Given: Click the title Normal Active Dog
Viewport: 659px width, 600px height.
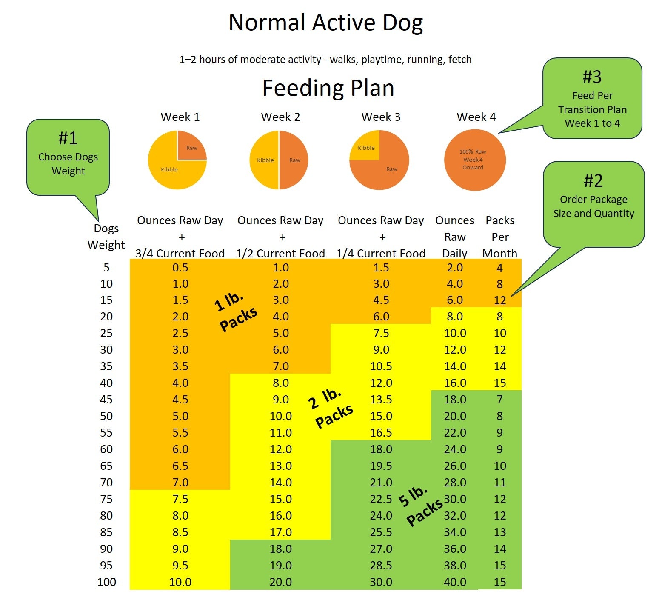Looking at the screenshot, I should point(326,23).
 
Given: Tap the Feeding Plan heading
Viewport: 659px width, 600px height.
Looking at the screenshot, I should point(328,88).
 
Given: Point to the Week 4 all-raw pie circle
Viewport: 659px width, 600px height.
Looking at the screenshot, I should point(475,160).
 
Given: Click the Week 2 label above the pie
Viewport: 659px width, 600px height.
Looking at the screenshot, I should point(280,117).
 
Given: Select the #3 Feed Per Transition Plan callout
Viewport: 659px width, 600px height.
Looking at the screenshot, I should point(592,100).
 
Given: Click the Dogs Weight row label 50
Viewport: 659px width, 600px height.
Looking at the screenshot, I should point(106,416).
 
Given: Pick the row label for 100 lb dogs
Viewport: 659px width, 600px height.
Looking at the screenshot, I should point(106,582).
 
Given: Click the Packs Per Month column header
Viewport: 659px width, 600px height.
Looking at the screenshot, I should point(500,237).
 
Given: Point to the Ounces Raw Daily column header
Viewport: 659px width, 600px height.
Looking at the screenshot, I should point(454,237).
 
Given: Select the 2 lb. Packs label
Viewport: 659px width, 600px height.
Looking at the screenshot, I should point(330,407).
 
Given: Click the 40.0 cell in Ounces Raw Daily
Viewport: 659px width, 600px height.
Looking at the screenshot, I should point(455,582).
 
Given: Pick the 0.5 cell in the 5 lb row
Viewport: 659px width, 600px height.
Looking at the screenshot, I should point(180,268).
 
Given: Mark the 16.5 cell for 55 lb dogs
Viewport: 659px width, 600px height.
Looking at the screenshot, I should point(381,433).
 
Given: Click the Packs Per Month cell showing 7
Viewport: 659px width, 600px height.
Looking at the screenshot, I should point(500,400).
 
